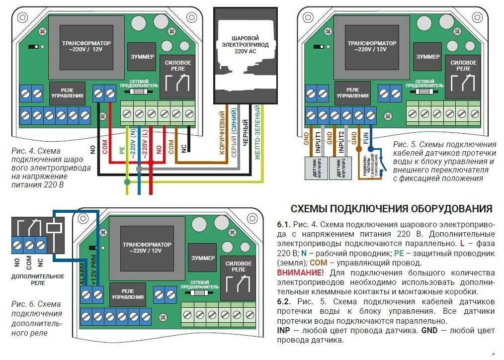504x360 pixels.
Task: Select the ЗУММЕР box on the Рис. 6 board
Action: coord(203,259)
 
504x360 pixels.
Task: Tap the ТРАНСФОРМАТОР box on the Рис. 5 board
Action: coord(367,47)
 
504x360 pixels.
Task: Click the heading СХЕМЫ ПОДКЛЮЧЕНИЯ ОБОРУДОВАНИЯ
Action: coord(391,208)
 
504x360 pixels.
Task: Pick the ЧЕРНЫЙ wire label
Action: coord(246,134)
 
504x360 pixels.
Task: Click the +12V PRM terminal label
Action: coord(93,270)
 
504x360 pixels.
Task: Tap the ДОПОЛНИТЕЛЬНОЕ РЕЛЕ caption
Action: coord(31,279)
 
